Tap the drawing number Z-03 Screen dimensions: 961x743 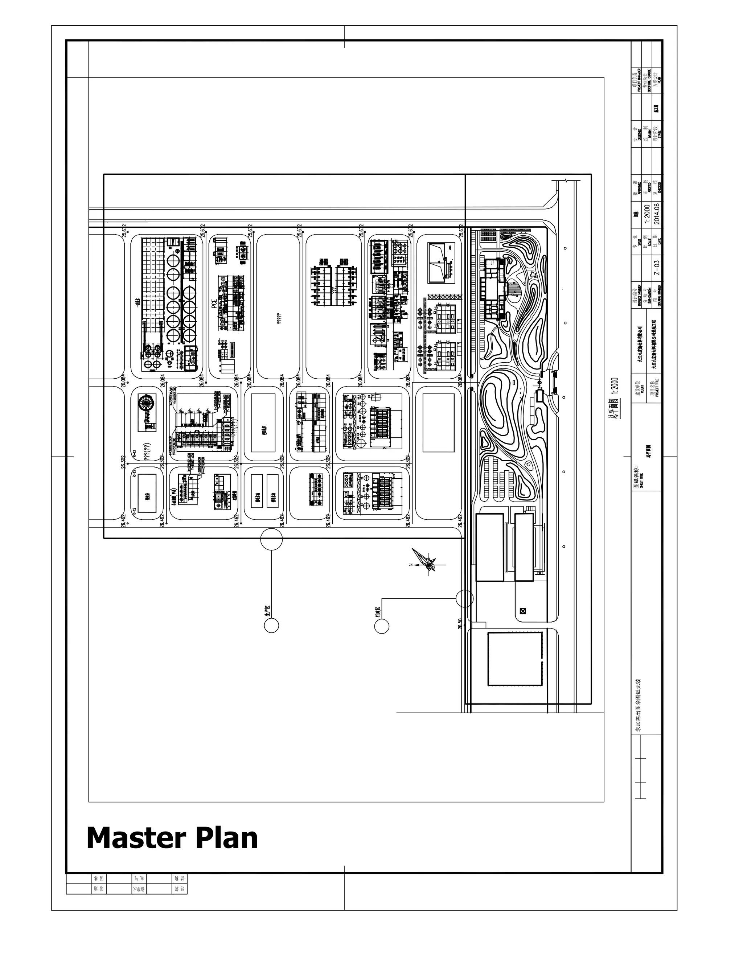[657, 268]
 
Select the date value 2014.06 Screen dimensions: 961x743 [657, 213]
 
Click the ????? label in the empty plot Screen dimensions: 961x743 [279, 318]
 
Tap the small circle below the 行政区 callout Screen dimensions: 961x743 [382, 626]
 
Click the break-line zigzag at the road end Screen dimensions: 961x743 [566, 180]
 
